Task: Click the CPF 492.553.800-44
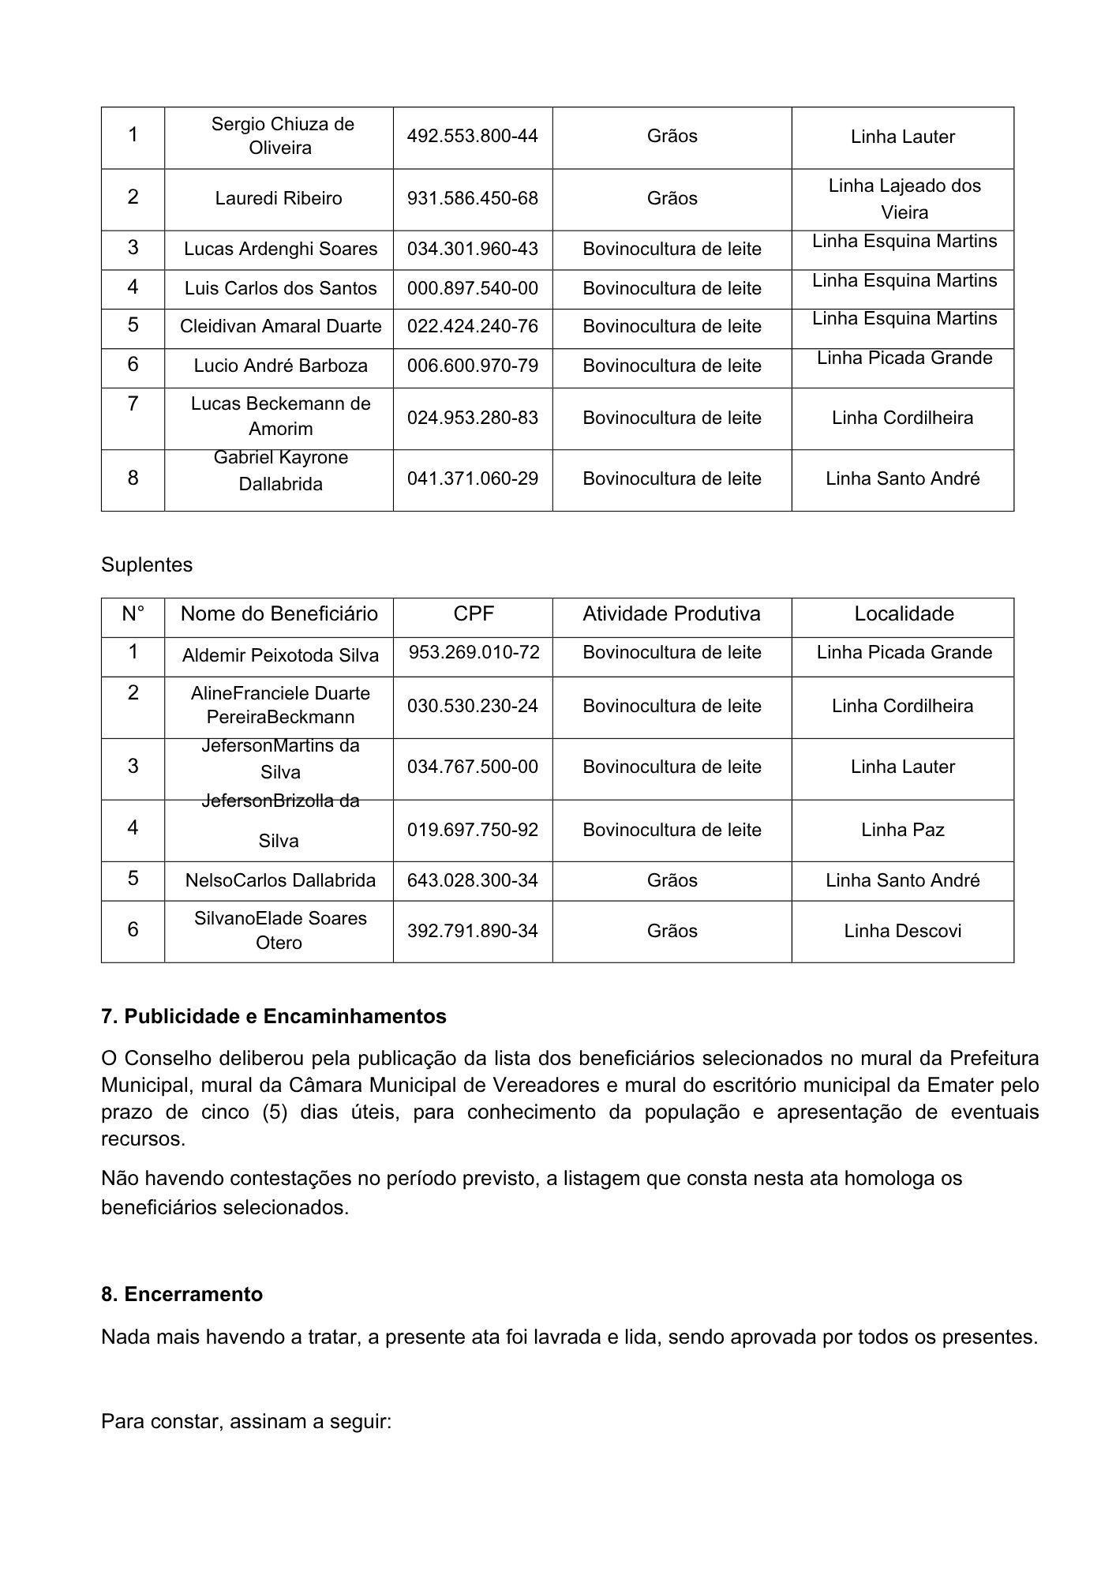coord(472,137)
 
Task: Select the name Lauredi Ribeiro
coord(279,198)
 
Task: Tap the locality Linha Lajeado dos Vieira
coord(904,199)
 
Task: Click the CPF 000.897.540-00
coord(472,288)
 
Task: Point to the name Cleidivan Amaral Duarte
coord(280,327)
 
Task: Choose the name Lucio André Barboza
coord(280,366)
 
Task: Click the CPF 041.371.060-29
coord(472,478)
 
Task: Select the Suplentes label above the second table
coord(147,565)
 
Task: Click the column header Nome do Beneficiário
coord(279,614)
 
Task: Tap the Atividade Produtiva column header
coord(671,614)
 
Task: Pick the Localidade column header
coord(904,614)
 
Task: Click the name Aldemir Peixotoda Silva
coord(280,655)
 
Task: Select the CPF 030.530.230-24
coord(472,706)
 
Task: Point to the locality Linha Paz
coord(902,830)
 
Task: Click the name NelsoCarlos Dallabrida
coord(280,880)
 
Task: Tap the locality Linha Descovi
coord(902,932)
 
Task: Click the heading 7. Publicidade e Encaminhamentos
coord(273,1017)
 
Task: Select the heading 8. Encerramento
coord(182,1295)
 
